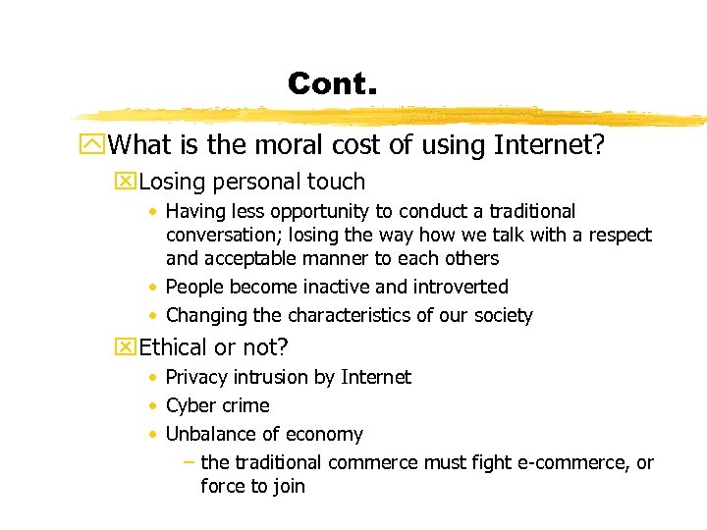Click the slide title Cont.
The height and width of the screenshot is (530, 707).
coord(332,83)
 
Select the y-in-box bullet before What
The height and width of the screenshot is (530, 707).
coord(95,146)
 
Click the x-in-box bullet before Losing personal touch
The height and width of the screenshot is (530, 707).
coord(125,182)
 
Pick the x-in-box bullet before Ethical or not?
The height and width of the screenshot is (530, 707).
coord(125,347)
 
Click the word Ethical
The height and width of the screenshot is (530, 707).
coord(179,347)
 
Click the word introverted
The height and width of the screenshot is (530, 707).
coord(460,288)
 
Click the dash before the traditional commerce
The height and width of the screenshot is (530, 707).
coord(189,462)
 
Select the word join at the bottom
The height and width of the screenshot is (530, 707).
coord(287,487)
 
